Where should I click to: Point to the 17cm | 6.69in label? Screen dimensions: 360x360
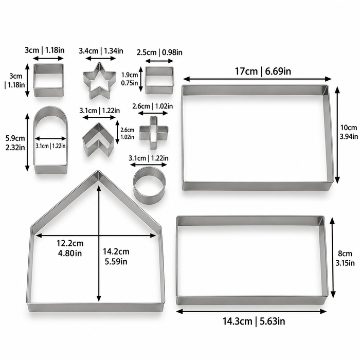click(263, 71)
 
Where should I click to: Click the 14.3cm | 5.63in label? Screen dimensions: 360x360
click(254, 321)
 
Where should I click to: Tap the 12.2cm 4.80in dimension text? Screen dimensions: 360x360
click(70, 248)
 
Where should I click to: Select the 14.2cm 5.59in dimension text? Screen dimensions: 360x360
click(116, 257)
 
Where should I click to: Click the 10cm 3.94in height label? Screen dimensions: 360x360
click(349, 132)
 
